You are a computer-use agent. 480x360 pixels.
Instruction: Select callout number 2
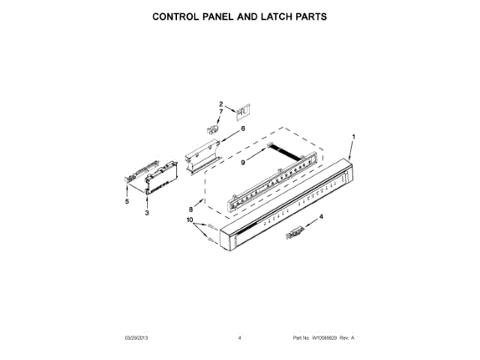pyautogui.click(x=221, y=103)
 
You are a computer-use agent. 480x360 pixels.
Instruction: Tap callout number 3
pyautogui.click(x=147, y=214)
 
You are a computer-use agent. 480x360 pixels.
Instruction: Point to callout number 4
pyautogui.click(x=321, y=217)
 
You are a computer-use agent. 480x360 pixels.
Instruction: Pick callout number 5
pyautogui.click(x=127, y=201)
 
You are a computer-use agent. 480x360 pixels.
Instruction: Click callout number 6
pyautogui.click(x=242, y=128)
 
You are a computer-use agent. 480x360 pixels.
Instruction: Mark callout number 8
pyautogui.click(x=192, y=209)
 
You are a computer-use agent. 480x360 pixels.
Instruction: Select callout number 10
pyautogui.click(x=190, y=220)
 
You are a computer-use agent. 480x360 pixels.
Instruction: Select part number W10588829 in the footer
pyautogui.click(x=323, y=338)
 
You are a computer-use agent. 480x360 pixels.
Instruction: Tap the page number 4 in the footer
pyautogui.click(x=240, y=338)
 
